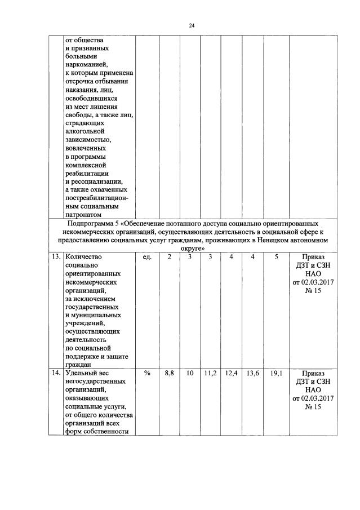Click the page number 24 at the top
(192, 25)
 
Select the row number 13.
(56, 257)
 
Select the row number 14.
(56, 373)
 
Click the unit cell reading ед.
(148, 257)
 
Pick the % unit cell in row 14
(148, 373)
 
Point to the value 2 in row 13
(169, 257)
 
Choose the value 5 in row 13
(276, 257)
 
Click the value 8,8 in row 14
(169, 373)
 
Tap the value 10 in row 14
(190, 373)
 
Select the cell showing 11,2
(210, 373)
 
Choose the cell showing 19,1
(276, 373)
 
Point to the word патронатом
(83, 215)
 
